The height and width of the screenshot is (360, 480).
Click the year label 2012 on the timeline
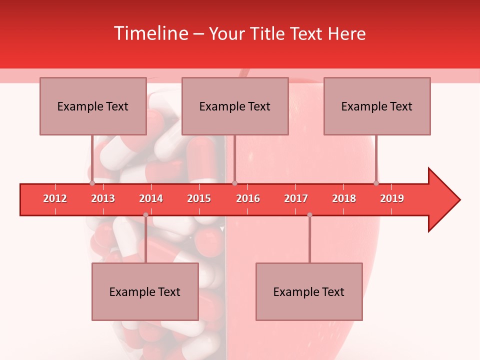click(55, 198)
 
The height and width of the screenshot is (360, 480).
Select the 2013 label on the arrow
click(103, 198)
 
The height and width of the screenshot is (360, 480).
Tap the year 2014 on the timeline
click(151, 198)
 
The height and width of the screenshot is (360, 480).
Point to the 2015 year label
click(199, 198)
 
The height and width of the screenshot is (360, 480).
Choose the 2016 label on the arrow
click(248, 198)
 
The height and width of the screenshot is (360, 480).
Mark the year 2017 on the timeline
click(296, 198)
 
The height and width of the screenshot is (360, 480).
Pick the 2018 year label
click(344, 198)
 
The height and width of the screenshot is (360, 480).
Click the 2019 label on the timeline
click(392, 198)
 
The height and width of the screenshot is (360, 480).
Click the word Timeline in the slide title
click(150, 33)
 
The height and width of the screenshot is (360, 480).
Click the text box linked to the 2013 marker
click(93, 106)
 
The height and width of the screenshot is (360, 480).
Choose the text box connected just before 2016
click(235, 106)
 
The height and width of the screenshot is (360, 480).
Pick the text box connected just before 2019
click(377, 106)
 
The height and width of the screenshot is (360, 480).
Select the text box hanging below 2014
click(145, 291)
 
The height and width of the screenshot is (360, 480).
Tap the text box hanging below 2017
click(309, 291)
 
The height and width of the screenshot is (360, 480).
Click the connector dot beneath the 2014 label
click(145, 215)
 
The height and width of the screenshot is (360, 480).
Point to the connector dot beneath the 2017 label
click(309, 215)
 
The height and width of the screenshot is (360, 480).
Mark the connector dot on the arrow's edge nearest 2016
click(235, 183)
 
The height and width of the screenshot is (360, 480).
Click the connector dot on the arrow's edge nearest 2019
click(376, 183)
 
